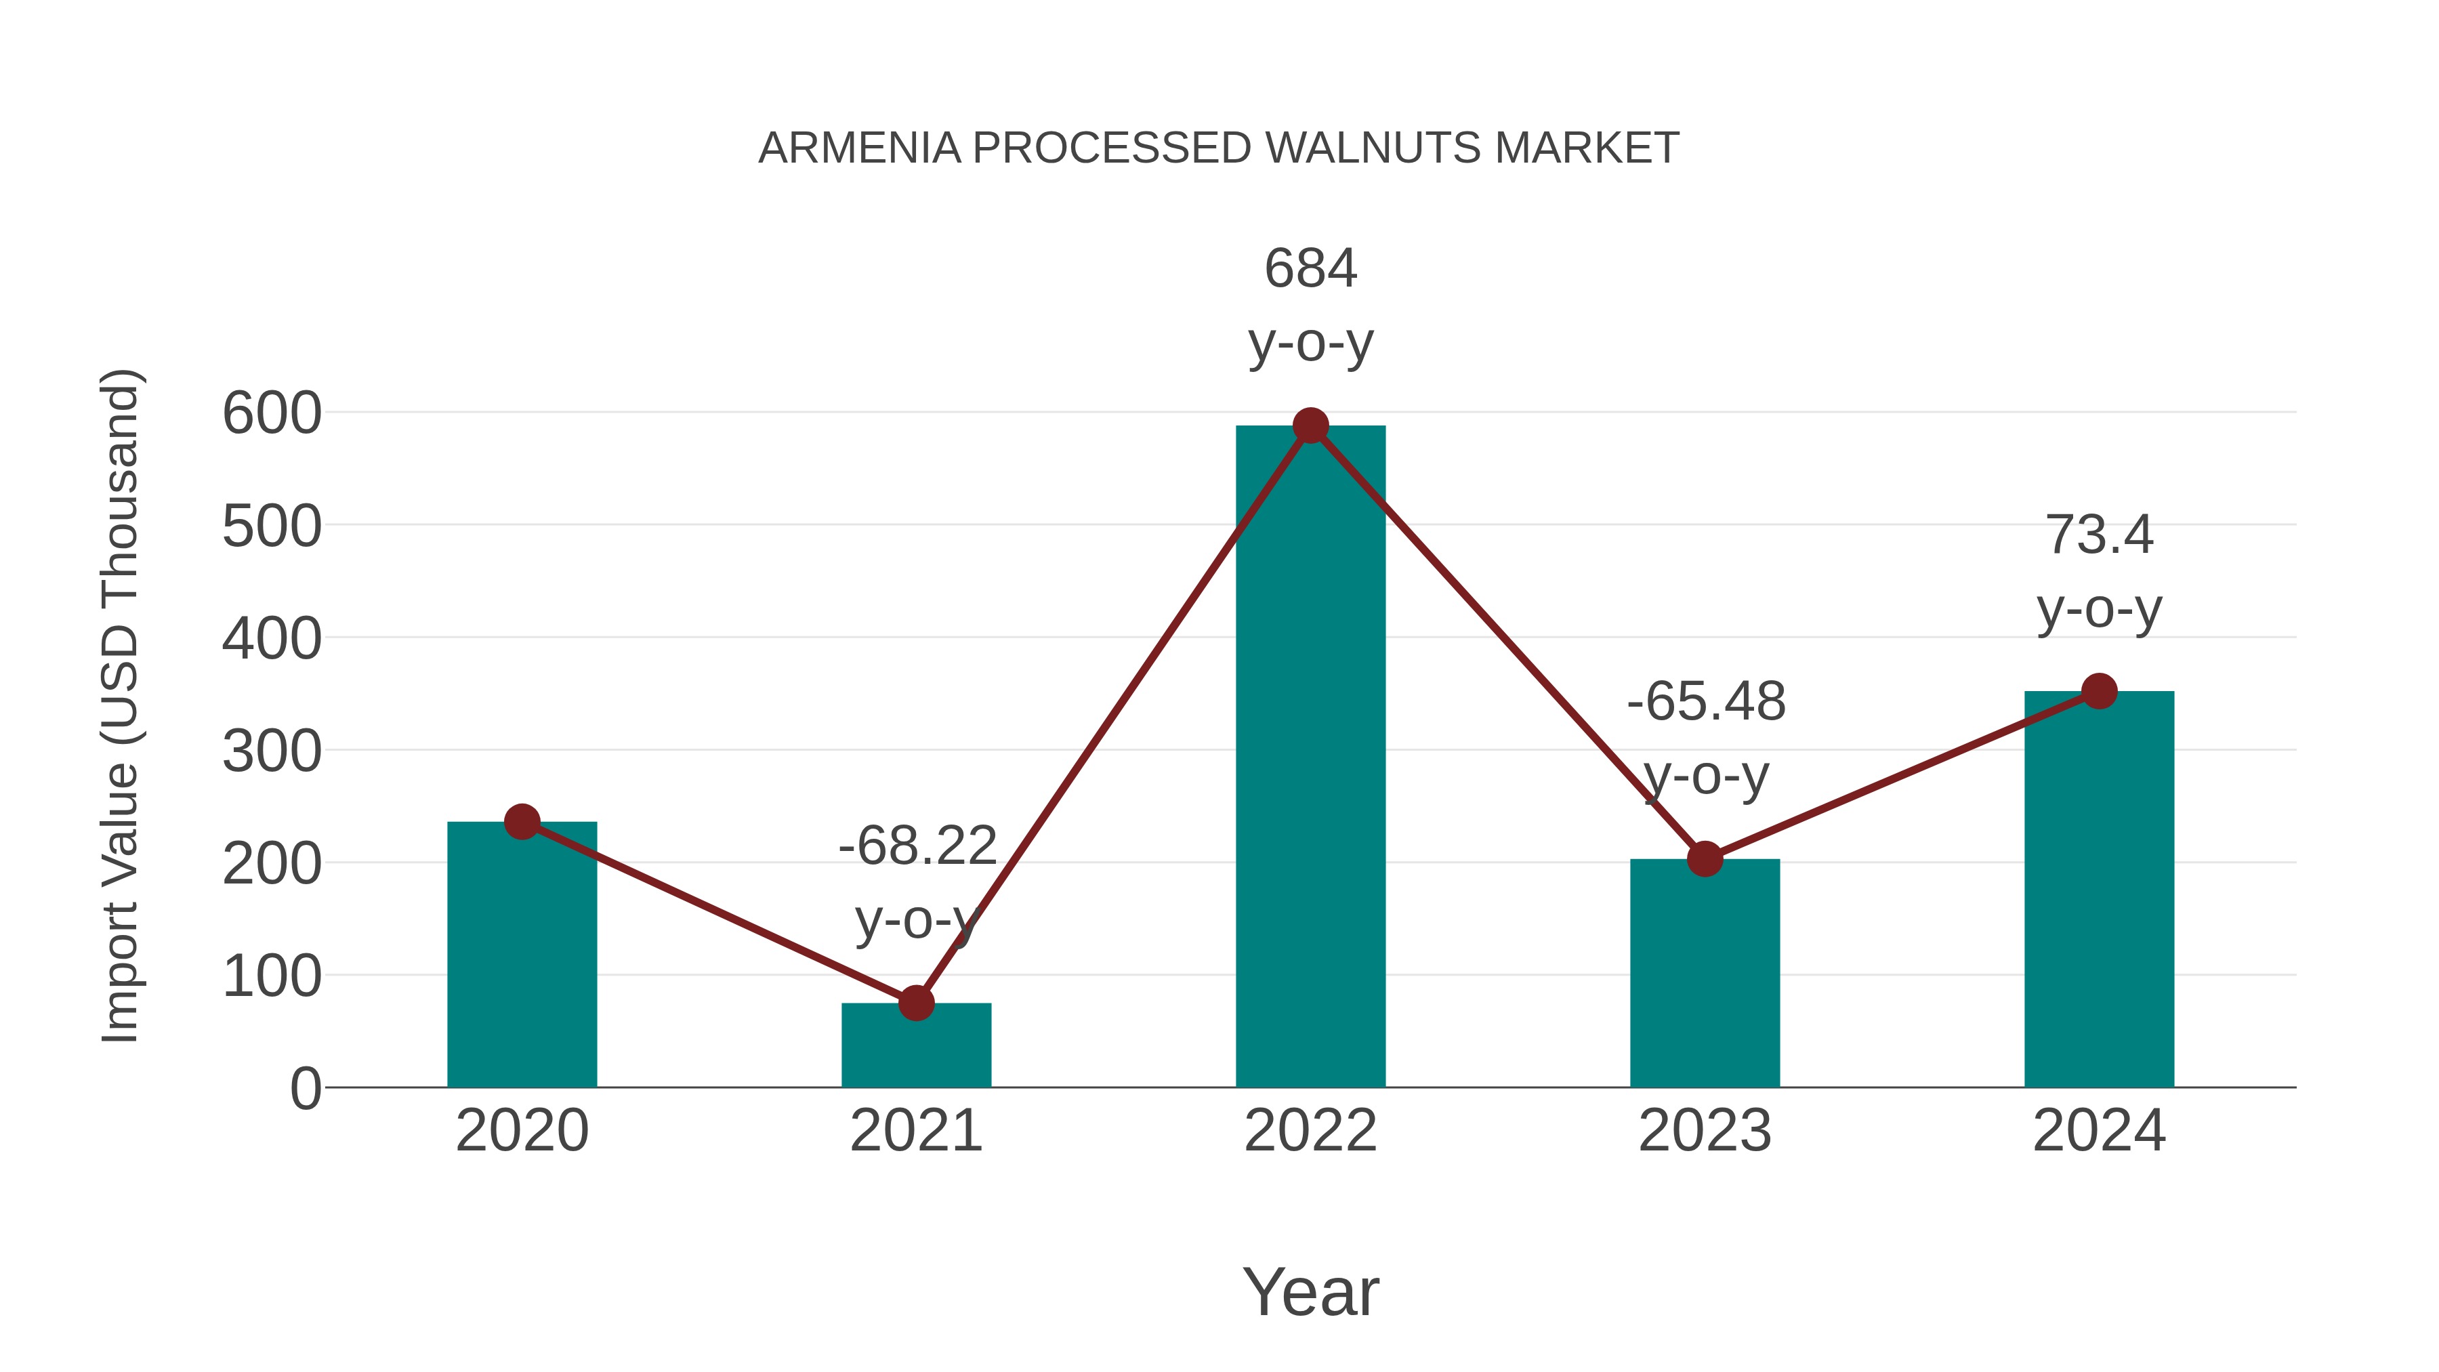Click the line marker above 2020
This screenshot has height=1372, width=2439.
click(x=522, y=822)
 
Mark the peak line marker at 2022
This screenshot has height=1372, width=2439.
click(x=1310, y=426)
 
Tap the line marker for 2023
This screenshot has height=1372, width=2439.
click(x=1705, y=859)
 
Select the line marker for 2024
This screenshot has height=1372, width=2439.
click(x=2099, y=691)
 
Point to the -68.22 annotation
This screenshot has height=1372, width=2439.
click(x=917, y=845)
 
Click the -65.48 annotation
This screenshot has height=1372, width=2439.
click(x=1706, y=702)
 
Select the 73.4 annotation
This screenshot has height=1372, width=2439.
click(x=2099, y=535)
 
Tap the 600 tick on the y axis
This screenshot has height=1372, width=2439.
click(x=272, y=414)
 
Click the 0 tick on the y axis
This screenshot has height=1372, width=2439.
click(x=305, y=1089)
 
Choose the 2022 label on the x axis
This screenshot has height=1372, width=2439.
click(x=1310, y=1131)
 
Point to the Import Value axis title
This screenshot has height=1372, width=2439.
click(x=120, y=705)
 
